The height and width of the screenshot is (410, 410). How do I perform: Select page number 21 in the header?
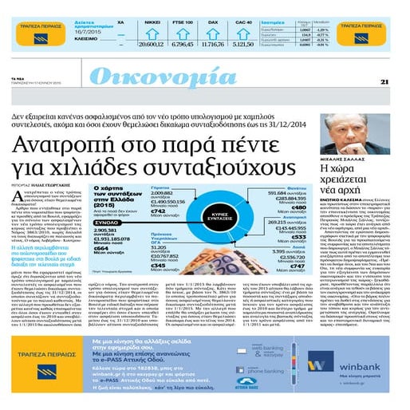pos(384,81)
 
